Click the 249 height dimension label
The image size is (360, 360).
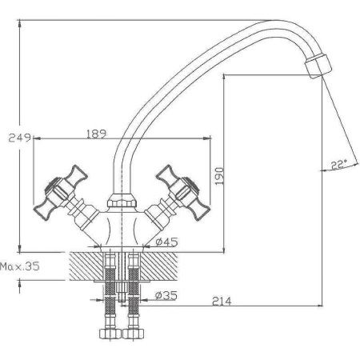click(19, 138)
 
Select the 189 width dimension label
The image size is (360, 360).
click(96, 134)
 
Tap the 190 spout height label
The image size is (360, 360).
click(219, 176)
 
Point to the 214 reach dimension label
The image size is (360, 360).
click(222, 301)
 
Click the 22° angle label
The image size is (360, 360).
click(338, 165)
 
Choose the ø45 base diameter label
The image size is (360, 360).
click(166, 242)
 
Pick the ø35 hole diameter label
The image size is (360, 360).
click(166, 295)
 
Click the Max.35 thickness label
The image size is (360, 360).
click(20, 266)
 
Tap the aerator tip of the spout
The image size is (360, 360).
click(318, 66)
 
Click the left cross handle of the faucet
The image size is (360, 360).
click(62, 191)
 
